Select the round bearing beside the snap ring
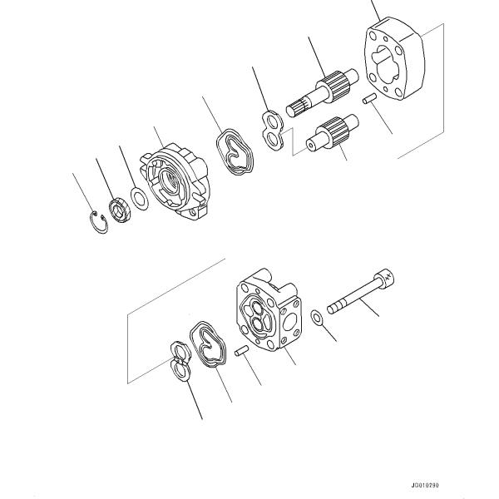(x=120, y=208)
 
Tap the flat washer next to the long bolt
(x=317, y=318)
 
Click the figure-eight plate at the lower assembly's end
(x=177, y=362)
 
